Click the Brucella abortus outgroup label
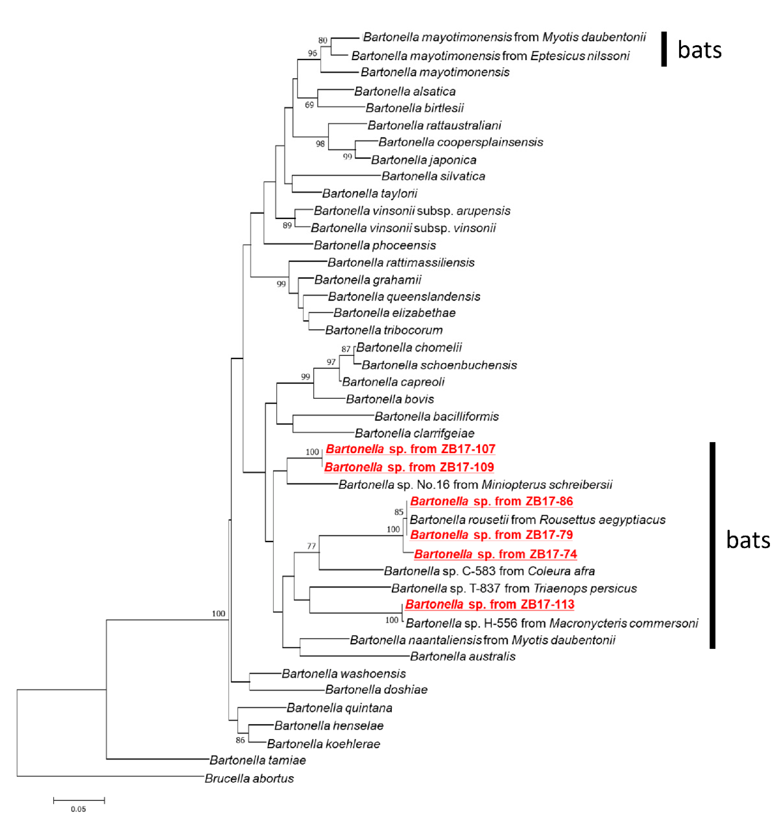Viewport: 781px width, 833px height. click(x=249, y=778)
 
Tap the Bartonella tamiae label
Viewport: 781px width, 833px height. click(x=257, y=760)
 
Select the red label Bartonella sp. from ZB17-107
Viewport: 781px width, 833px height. click(x=410, y=449)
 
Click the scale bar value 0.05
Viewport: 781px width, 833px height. click(x=78, y=809)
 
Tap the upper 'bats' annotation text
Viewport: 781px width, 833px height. click(x=699, y=50)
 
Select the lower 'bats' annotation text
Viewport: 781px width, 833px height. click(x=748, y=540)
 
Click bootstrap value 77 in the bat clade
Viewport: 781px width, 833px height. click(x=311, y=546)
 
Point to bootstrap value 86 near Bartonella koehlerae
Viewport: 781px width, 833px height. click(x=240, y=740)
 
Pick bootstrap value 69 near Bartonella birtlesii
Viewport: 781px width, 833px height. click(x=310, y=105)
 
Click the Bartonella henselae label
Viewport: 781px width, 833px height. click(x=329, y=725)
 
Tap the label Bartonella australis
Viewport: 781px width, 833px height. click(x=463, y=656)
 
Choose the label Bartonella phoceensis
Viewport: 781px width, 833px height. click(x=375, y=245)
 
